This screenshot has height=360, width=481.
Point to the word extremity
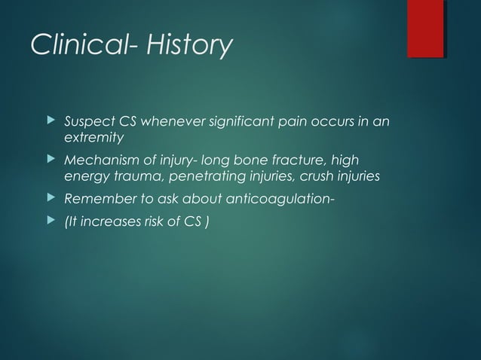tap(94, 139)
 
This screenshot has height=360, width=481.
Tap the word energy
tap(84, 177)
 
